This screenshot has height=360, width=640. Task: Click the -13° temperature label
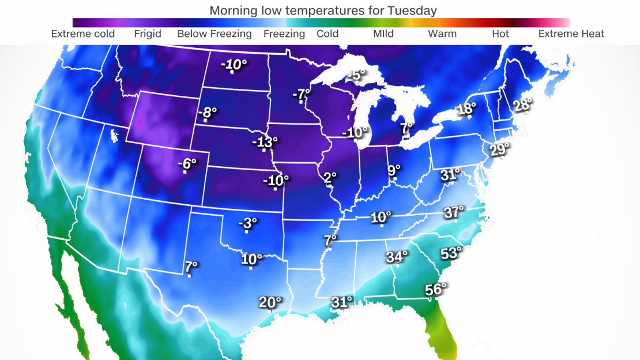point(265,141)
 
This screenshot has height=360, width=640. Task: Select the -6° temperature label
point(186,164)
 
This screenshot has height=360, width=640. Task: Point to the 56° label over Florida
point(435,290)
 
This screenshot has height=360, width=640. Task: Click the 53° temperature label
point(451,253)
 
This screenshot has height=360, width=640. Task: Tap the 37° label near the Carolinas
point(454,212)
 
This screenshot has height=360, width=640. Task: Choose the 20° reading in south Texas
point(270,302)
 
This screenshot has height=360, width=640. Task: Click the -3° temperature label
point(247,223)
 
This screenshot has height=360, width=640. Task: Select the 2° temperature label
point(329,178)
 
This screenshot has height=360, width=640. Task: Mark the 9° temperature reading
point(394,170)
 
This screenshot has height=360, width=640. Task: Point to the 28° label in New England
point(522,104)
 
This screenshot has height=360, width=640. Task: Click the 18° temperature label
point(466,108)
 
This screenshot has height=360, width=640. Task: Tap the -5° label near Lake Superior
point(356,76)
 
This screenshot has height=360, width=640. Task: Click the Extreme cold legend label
point(83,33)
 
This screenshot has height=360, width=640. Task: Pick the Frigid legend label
point(147,33)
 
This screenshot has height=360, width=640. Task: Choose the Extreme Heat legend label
point(571,33)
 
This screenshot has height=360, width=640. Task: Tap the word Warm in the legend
point(442,33)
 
